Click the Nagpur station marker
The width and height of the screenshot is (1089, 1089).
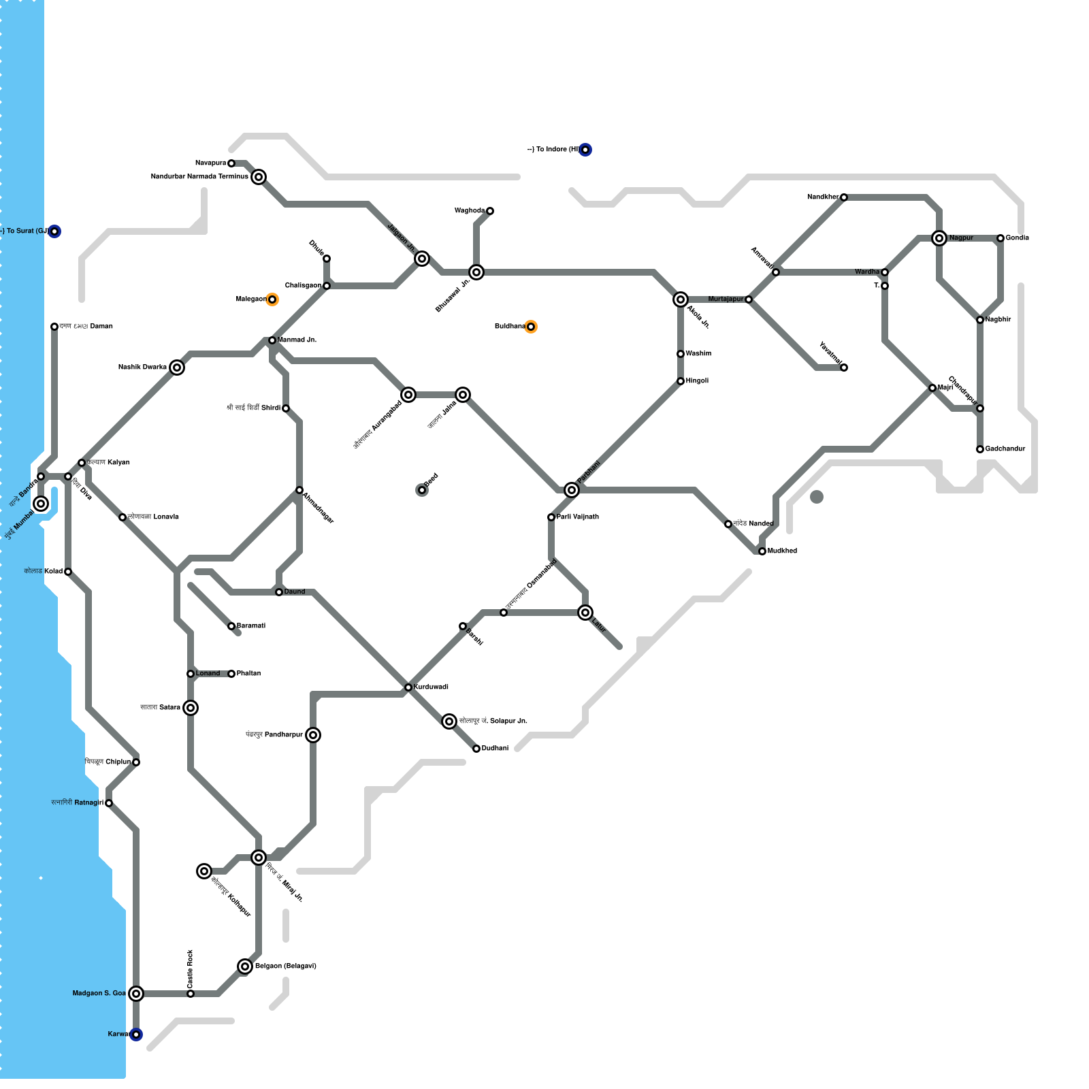[939, 238]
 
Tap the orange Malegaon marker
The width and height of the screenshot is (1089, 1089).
[272, 299]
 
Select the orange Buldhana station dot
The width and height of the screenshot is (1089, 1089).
[531, 327]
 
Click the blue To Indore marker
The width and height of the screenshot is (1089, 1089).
[585, 150]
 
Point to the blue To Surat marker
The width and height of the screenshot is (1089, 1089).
[54, 231]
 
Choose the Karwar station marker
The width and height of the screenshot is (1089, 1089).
[136, 1035]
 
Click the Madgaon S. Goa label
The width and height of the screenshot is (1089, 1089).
[99, 994]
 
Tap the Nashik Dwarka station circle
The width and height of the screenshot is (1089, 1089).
[177, 368]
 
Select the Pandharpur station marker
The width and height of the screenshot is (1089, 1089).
[313, 735]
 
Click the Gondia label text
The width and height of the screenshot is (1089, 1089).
[1018, 238]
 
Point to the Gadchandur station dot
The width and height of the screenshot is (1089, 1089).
[980, 449]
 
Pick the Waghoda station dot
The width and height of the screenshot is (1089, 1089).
[490, 211]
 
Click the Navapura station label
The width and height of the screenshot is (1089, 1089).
[210, 163]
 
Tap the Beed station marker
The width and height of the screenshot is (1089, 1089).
[422, 490]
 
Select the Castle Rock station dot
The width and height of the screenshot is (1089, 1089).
[191, 994]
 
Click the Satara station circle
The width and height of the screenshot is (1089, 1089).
[191, 708]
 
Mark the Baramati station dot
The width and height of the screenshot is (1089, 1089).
[231, 626]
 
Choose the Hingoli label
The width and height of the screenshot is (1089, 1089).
[697, 381]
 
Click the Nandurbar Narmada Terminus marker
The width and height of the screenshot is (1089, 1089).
[259, 177]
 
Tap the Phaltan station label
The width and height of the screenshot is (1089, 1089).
[248, 674]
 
